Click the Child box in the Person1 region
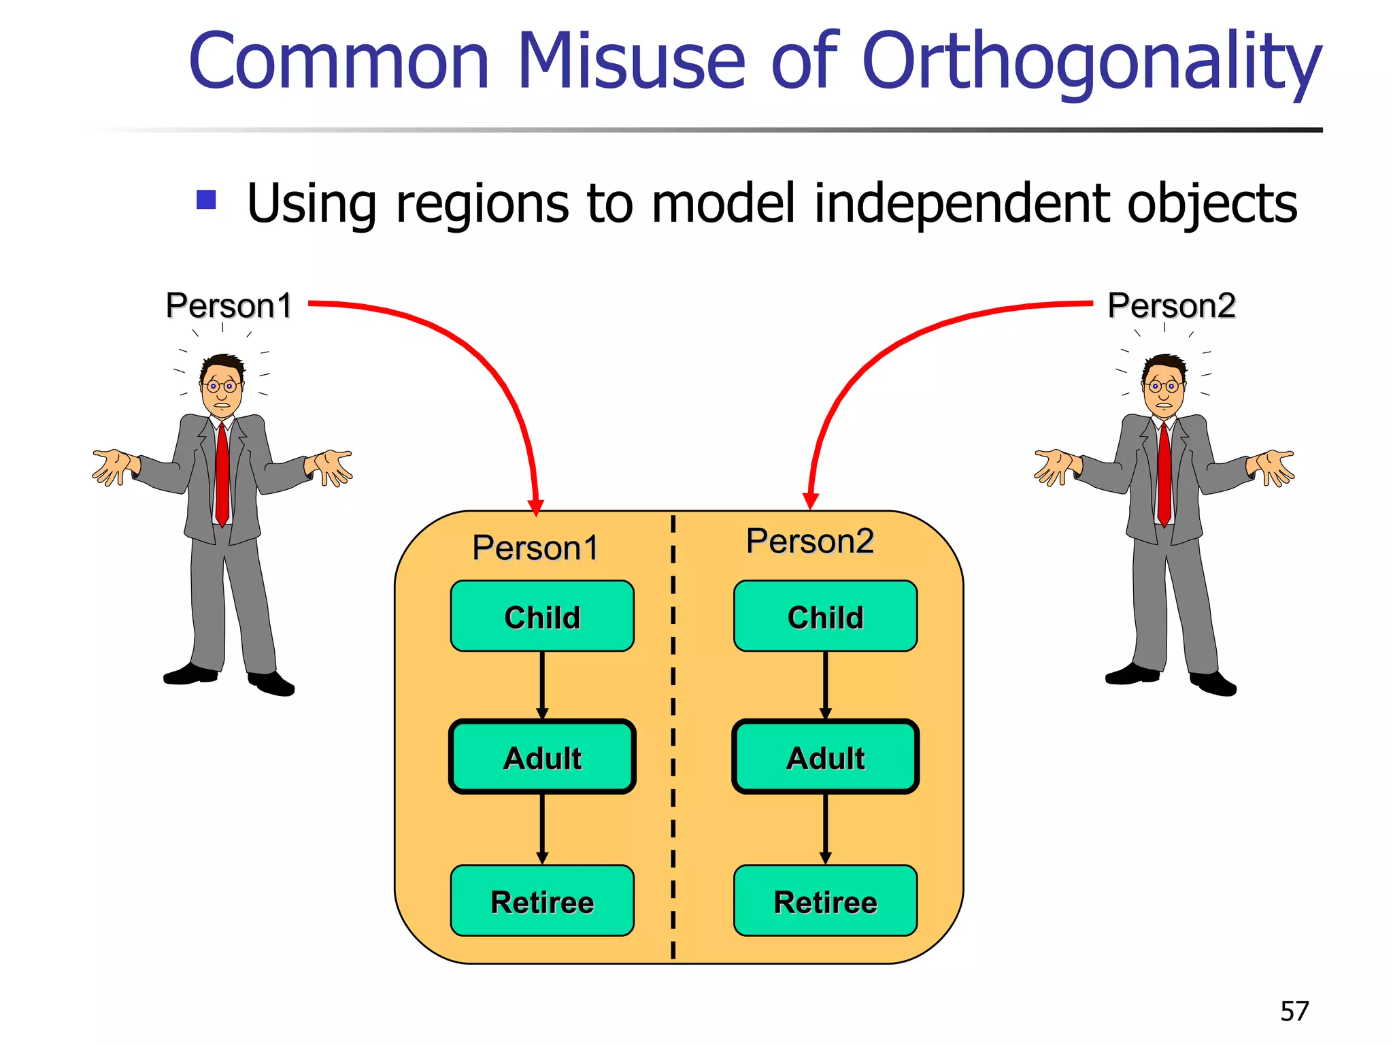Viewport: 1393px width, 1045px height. pos(542,616)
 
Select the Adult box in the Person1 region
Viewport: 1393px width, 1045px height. pos(542,757)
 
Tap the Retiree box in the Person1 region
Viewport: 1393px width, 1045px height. pos(542,901)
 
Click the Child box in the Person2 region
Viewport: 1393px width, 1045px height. pos(825,616)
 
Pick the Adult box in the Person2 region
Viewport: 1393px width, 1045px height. pos(825,757)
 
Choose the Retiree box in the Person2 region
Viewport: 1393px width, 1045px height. pos(825,901)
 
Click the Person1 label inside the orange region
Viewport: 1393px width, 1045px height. pos(535,548)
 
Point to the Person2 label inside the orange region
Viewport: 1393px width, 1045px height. pos(809,542)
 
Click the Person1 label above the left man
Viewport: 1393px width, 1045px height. pos(229,305)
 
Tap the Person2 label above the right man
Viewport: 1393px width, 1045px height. pos(1171,305)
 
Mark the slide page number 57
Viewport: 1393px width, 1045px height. pos(1294,1011)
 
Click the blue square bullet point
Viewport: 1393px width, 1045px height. pos(206,200)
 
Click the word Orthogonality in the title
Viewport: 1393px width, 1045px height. pos(1091,63)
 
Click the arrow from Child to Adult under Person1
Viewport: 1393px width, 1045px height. pos(542,684)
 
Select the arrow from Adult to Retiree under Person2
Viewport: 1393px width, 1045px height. pos(825,829)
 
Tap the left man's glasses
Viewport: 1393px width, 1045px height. pos(220,386)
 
